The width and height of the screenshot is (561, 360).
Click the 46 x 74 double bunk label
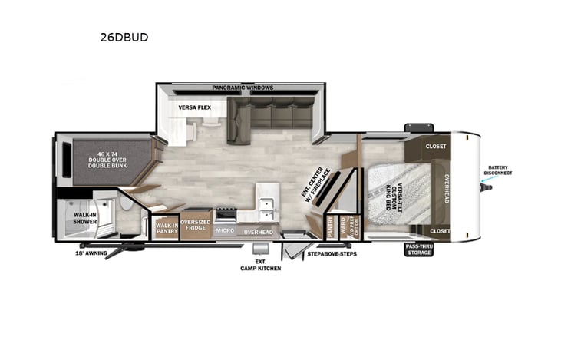point(107,159)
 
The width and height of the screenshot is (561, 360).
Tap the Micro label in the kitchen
point(225,230)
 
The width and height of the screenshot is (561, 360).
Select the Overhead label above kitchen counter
point(259,231)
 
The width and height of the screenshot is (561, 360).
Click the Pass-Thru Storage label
point(421,249)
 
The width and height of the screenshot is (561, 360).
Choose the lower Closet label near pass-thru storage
point(440,230)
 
